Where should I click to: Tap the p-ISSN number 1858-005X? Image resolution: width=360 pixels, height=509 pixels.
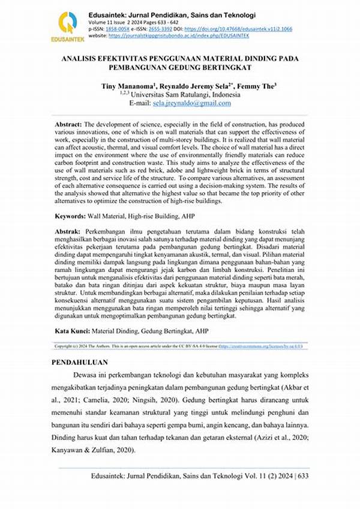pyautogui.click(x=119, y=29)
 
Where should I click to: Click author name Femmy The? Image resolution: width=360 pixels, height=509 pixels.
pyautogui.click(x=256, y=87)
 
